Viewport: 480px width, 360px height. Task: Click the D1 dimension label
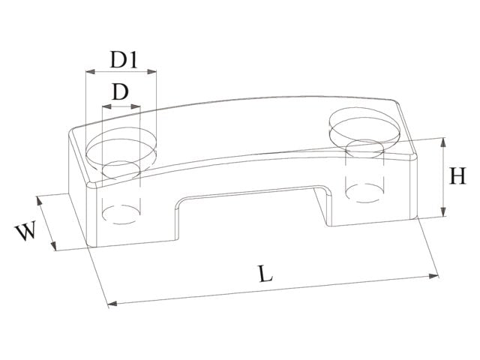coord(124,60)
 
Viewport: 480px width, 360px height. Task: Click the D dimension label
coord(120,91)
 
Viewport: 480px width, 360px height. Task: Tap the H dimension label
coord(457,175)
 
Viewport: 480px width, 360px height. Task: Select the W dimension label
coord(26,231)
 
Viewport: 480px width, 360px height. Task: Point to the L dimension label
coord(265,274)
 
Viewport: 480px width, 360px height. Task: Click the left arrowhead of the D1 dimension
coord(90,72)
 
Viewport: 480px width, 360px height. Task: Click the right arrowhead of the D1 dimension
coord(151,72)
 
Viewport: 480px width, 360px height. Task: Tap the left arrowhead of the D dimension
coord(106,106)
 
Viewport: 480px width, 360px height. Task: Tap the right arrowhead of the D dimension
coord(135,106)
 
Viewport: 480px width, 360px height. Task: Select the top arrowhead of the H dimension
coord(443,142)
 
